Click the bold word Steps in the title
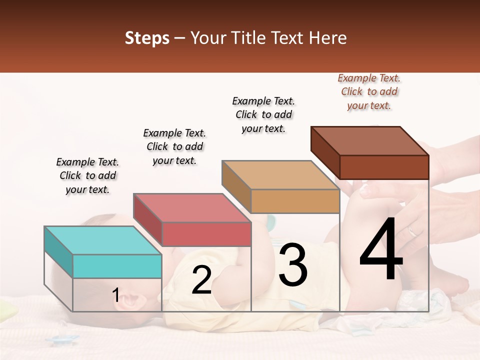tap(147, 38)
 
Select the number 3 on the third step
tap(293, 265)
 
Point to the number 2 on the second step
tap(201, 280)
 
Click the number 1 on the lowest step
tap(115, 295)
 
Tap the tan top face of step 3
tap(280, 175)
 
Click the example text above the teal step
tap(87, 175)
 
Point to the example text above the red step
tap(174, 146)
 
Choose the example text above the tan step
tap(263, 114)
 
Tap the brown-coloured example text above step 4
tap(369, 91)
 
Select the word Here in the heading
tap(328, 38)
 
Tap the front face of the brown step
tap(384, 167)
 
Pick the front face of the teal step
tap(117, 266)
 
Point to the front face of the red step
tap(206, 234)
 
